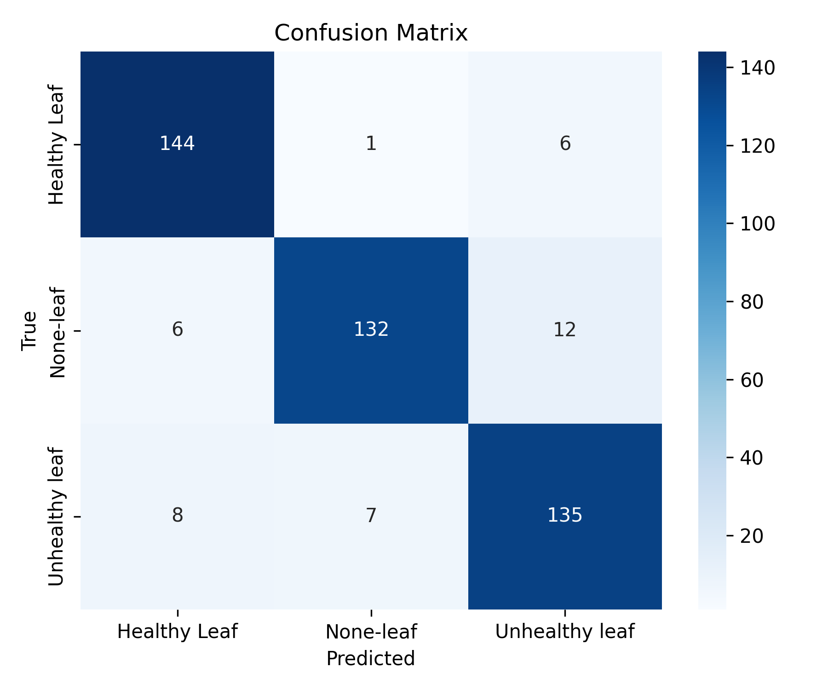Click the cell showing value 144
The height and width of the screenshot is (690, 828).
[x=178, y=144]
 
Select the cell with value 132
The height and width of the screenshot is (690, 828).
[x=371, y=330]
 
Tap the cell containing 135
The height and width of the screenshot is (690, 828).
[x=565, y=516]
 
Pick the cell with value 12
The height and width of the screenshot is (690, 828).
[x=565, y=330]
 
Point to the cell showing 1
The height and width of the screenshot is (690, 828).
[x=371, y=144]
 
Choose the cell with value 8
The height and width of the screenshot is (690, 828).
[x=178, y=516]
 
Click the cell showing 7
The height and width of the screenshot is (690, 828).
[x=371, y=516]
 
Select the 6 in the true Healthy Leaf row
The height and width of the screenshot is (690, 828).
[x=565, y=144]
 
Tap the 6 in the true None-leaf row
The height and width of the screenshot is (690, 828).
[x=178, y=330]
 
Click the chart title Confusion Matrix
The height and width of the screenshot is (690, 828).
[x=371, y=33]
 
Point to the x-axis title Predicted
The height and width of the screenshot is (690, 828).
[x=371, y=658]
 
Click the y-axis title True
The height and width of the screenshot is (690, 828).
[x=29, y=331]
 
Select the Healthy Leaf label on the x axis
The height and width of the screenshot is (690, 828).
[x=178, y=632]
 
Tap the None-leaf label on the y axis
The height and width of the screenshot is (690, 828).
[x=57, y=332]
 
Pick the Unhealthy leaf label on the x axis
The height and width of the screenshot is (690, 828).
[x=565, y=632]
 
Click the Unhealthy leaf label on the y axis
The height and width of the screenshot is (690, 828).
[x=57, y=517]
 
